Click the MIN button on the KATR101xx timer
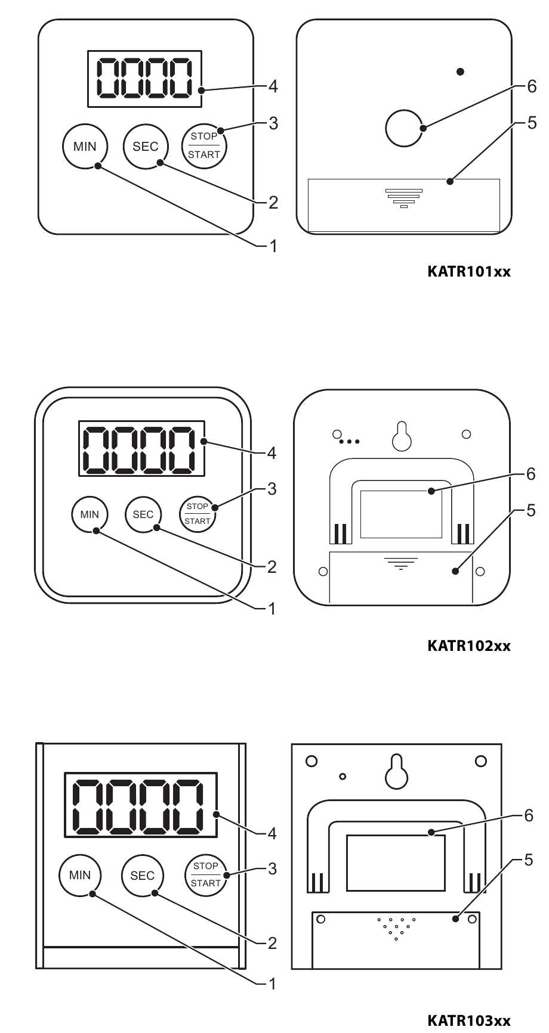pos(85,146)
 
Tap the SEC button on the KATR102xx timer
pos(143,514)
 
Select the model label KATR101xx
pos(469,272)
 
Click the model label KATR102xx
pos(469,646)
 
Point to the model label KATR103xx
pos(469,1020)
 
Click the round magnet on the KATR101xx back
pos(404,128)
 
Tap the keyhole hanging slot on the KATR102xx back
pos(402,436)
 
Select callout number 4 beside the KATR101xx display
pos(273,86)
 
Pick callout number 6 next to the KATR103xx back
pos(528,816)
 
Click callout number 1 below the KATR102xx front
pos(273,609)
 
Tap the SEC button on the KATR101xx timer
pos(146,146)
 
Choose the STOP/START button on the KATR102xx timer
pos(198,514)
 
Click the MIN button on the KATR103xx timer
pos(80,876)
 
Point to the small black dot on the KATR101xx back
pos(460,72)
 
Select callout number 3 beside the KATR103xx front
pos(273,868)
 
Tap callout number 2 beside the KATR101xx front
pos(273,203)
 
